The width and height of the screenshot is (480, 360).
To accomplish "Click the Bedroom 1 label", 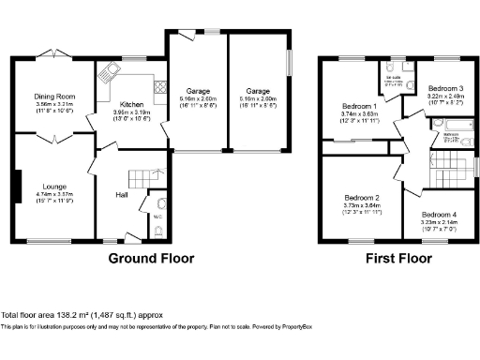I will (359, 107).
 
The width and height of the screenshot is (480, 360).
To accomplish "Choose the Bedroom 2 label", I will (361, 198).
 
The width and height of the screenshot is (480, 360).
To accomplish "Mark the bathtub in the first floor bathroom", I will (459, 126).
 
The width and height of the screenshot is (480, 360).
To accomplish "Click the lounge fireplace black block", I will (17, 180).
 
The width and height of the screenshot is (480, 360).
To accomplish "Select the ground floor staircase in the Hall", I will (142, 177).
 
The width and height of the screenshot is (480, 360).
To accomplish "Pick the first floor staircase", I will (451, 168).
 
